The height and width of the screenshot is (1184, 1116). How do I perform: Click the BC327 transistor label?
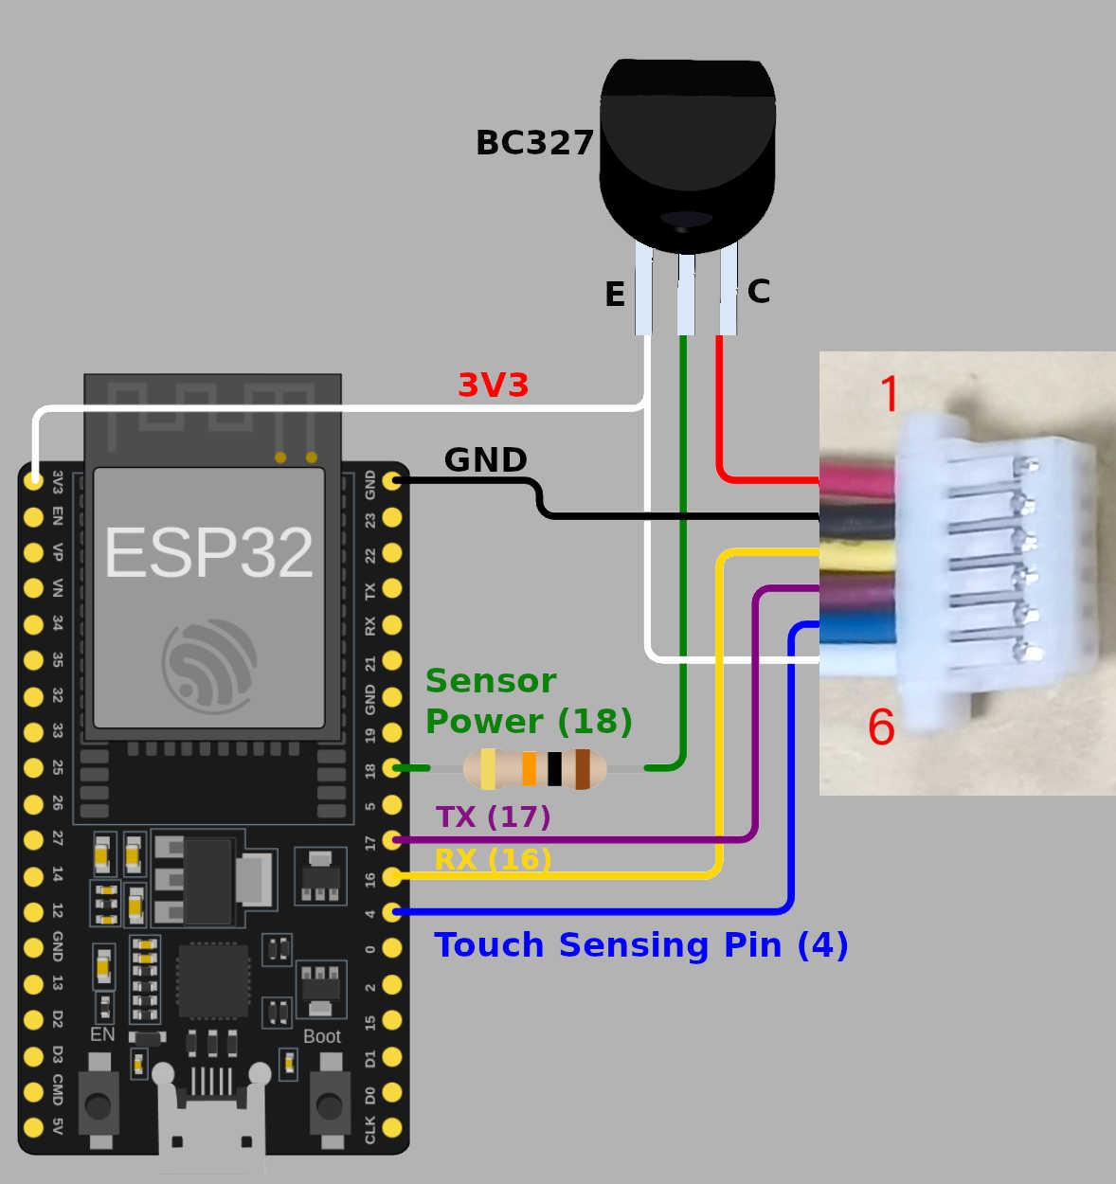[x=534, y=143]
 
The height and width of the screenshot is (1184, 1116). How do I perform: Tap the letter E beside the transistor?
[x=615, y=295]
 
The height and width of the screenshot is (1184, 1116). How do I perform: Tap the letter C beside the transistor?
[x=758, y=291]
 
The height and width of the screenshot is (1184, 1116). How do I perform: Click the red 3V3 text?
[x=493, y=386]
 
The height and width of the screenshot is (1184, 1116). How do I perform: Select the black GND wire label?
[x=485, y=460]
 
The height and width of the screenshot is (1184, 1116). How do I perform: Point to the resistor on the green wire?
[x=535, y=768]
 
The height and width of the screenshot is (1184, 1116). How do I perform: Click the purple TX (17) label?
[x=493, y=816]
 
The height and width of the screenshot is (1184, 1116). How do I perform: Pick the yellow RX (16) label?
[x=493, y=859]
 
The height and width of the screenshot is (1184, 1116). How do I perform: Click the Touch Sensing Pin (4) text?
[x=640, y=945]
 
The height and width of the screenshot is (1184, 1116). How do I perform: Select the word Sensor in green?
[x=490, y=681]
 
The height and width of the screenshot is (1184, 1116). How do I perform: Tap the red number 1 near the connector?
[x=890, y=394]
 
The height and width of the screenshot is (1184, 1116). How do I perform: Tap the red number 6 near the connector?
[x=881, y=727]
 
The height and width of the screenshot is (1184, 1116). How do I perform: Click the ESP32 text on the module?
[x=208, y=553]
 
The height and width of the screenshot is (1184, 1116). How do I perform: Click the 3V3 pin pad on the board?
[x=33, y=480]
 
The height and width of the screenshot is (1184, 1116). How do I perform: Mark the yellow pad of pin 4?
[x=392, y=912]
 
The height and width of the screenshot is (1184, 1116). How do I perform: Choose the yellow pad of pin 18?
[x=392, y=768]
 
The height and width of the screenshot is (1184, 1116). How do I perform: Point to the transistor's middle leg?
[x=686, y=294]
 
